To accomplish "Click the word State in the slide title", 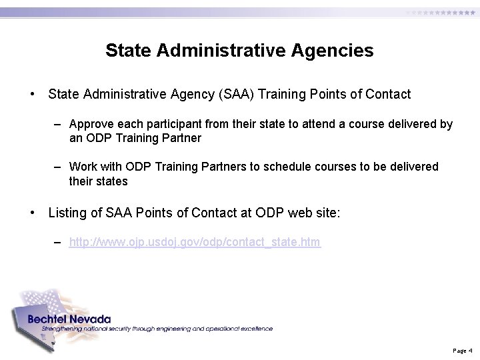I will (x=125, y=51).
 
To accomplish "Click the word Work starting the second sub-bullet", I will (x=83, y=167).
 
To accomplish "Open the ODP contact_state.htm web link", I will (x=195, y=242).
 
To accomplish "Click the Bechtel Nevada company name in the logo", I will (x=69, y=319).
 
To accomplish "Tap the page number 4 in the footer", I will (x=471, y=350).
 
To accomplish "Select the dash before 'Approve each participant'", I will (x=59, y=124).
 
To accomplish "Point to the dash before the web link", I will (x=59, y=242).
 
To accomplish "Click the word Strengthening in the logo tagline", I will (x=60, y=329).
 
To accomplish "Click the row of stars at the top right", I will (x=441, y=13).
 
